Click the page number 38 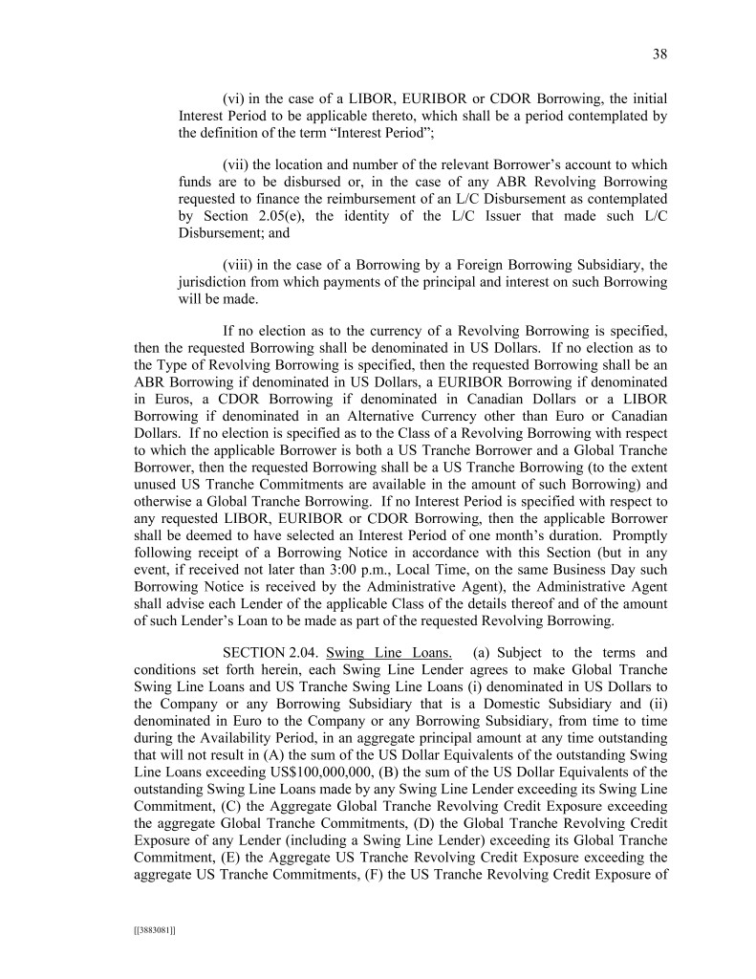point(659,54)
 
